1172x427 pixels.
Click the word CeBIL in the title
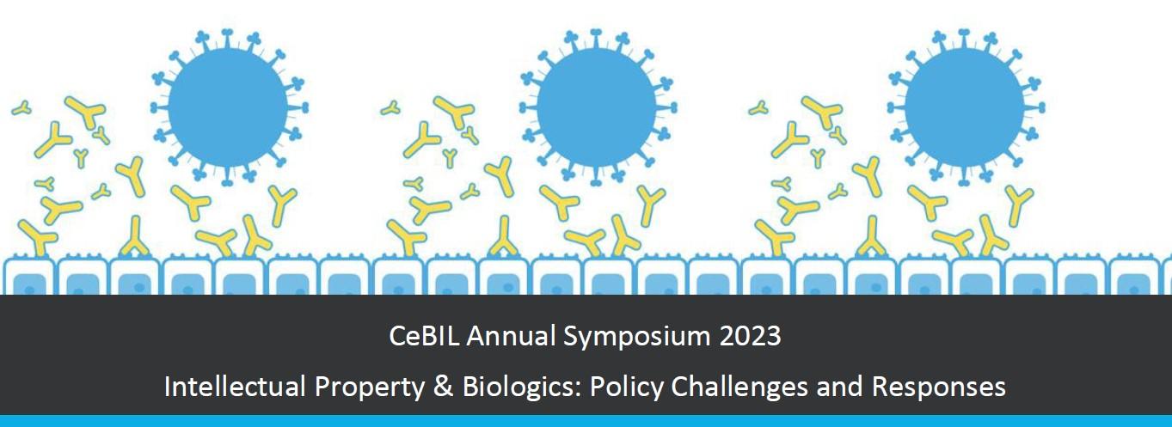[x=424, y=336]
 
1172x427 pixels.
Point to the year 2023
[x=751, y=336]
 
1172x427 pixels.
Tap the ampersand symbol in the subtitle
[x=443, y=387]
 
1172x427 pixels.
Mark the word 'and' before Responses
[x=839, y=387]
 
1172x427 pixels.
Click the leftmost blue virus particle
[x=229, y=108]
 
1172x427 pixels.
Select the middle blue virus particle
[x=597, y=108]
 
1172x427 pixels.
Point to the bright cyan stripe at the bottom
[x=586, y=421]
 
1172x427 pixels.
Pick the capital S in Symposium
[x=570, y=336]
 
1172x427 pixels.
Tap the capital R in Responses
[x=880, y=387]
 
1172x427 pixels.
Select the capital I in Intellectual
[x=167, y=387]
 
